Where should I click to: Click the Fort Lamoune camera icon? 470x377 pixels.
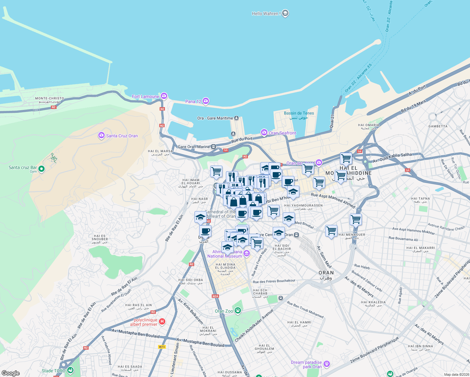(164, 96)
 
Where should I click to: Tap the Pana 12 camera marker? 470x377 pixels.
(206, 101)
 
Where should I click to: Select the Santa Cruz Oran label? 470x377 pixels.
(122, 136)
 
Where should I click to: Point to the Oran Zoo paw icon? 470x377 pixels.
(238, 311)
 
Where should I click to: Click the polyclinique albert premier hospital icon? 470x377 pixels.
(162, 321)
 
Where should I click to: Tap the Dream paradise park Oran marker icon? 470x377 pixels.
(327, 364)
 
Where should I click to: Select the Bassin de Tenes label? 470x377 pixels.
(299, 113)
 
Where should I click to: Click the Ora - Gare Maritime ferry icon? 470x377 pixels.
(236, 118)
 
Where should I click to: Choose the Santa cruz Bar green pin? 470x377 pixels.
(41, 169)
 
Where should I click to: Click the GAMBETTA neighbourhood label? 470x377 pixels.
(438, 126)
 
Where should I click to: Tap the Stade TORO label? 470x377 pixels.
(54, 371)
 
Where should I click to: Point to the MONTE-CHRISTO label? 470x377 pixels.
(50, 98)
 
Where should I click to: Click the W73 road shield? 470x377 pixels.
(162, 347)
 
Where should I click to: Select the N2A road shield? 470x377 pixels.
(215, 296)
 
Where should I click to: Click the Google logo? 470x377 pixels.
(10, 373)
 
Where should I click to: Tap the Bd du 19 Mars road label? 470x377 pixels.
(413, 106)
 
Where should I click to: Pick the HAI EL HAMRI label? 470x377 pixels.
(299, 322)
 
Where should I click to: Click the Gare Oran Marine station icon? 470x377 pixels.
(213, 147)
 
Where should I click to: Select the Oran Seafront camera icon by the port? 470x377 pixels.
(264, 132)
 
